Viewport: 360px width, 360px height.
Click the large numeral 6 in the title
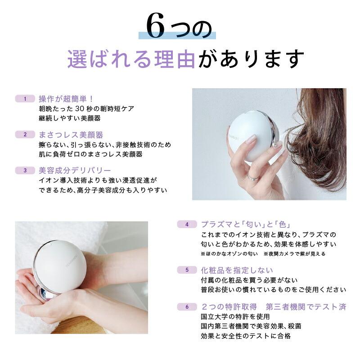157,30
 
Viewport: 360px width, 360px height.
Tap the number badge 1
26,99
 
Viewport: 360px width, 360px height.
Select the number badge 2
26,135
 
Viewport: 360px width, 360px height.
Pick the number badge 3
26,171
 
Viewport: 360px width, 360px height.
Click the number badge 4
187,224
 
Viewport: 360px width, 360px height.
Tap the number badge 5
187,270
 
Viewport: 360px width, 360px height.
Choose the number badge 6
187,307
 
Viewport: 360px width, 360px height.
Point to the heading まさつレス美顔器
71,135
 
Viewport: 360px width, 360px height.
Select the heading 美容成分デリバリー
75,171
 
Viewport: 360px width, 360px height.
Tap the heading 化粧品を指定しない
237,270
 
